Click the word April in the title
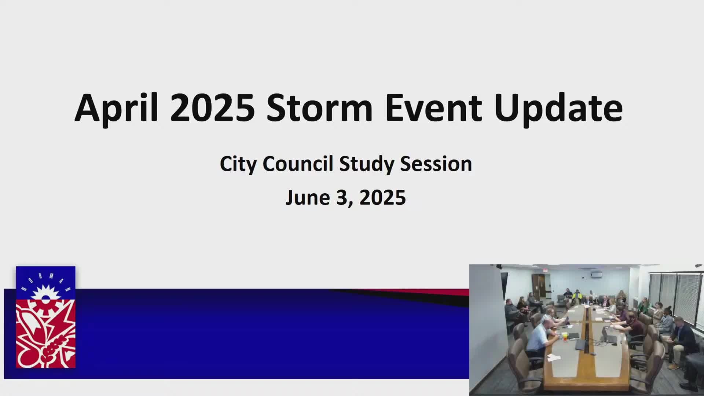116,108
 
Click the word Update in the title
558,108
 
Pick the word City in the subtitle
238,164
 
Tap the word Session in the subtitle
436,164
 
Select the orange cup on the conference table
565,337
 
